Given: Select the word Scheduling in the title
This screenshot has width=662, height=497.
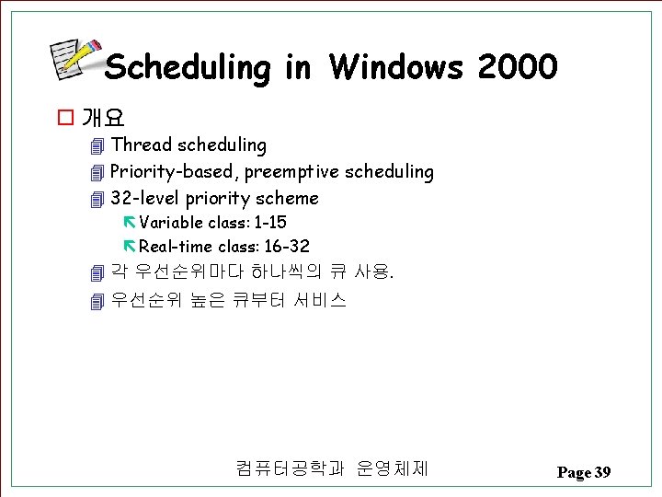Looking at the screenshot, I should (x=188, y=68).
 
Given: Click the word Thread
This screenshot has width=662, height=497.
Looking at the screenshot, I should (x=142, y=144).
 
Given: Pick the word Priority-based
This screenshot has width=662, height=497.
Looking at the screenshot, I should (x=174, y=171).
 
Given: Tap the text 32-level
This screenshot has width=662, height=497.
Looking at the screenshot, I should (x=145, y=198).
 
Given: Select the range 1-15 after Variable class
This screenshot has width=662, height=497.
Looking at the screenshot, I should (x=269, y=223).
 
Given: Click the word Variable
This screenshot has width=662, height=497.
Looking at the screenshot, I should (x=171, y=223).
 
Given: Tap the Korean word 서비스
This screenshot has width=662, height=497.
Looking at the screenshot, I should (x=320, y=299).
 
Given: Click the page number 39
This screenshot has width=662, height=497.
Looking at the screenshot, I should (x=602, y=472).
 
